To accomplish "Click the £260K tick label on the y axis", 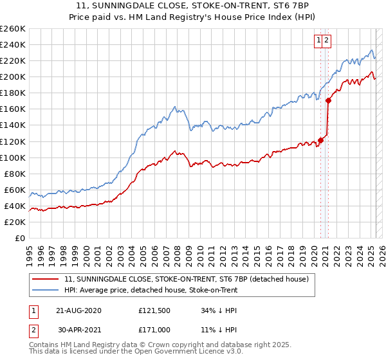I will tap(13, 29).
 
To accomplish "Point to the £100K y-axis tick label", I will tap(13, 157).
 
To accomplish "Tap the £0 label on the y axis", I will tap(19, 239).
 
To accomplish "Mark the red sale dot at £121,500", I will tap(320, 140).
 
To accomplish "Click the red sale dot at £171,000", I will tap(328, 100).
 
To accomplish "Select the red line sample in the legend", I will tap(45, 280).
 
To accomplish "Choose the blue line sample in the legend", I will tap(45, 291).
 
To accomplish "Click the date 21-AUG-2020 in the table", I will tap(78, 310).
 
